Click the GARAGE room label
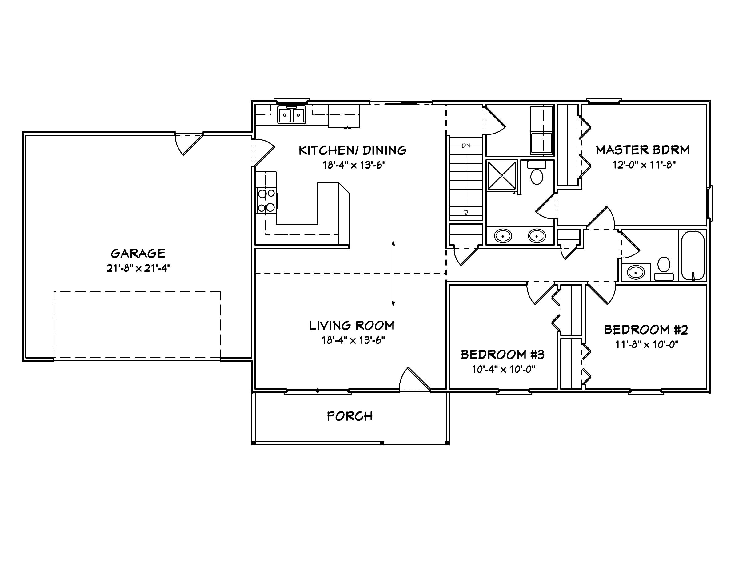(138, 253)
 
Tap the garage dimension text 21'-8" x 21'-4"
(138, 268)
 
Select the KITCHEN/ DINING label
(353, 150)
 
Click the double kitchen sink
(291, 115)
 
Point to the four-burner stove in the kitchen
(266, 201)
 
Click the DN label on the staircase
(466, 146)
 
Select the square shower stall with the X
(501, 175)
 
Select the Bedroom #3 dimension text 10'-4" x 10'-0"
(503, 369)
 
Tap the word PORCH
(350, 416)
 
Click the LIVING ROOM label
(352, 325)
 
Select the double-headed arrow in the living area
(393, 274)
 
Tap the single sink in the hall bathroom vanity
(636, 272)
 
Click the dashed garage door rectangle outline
(137, 292)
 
